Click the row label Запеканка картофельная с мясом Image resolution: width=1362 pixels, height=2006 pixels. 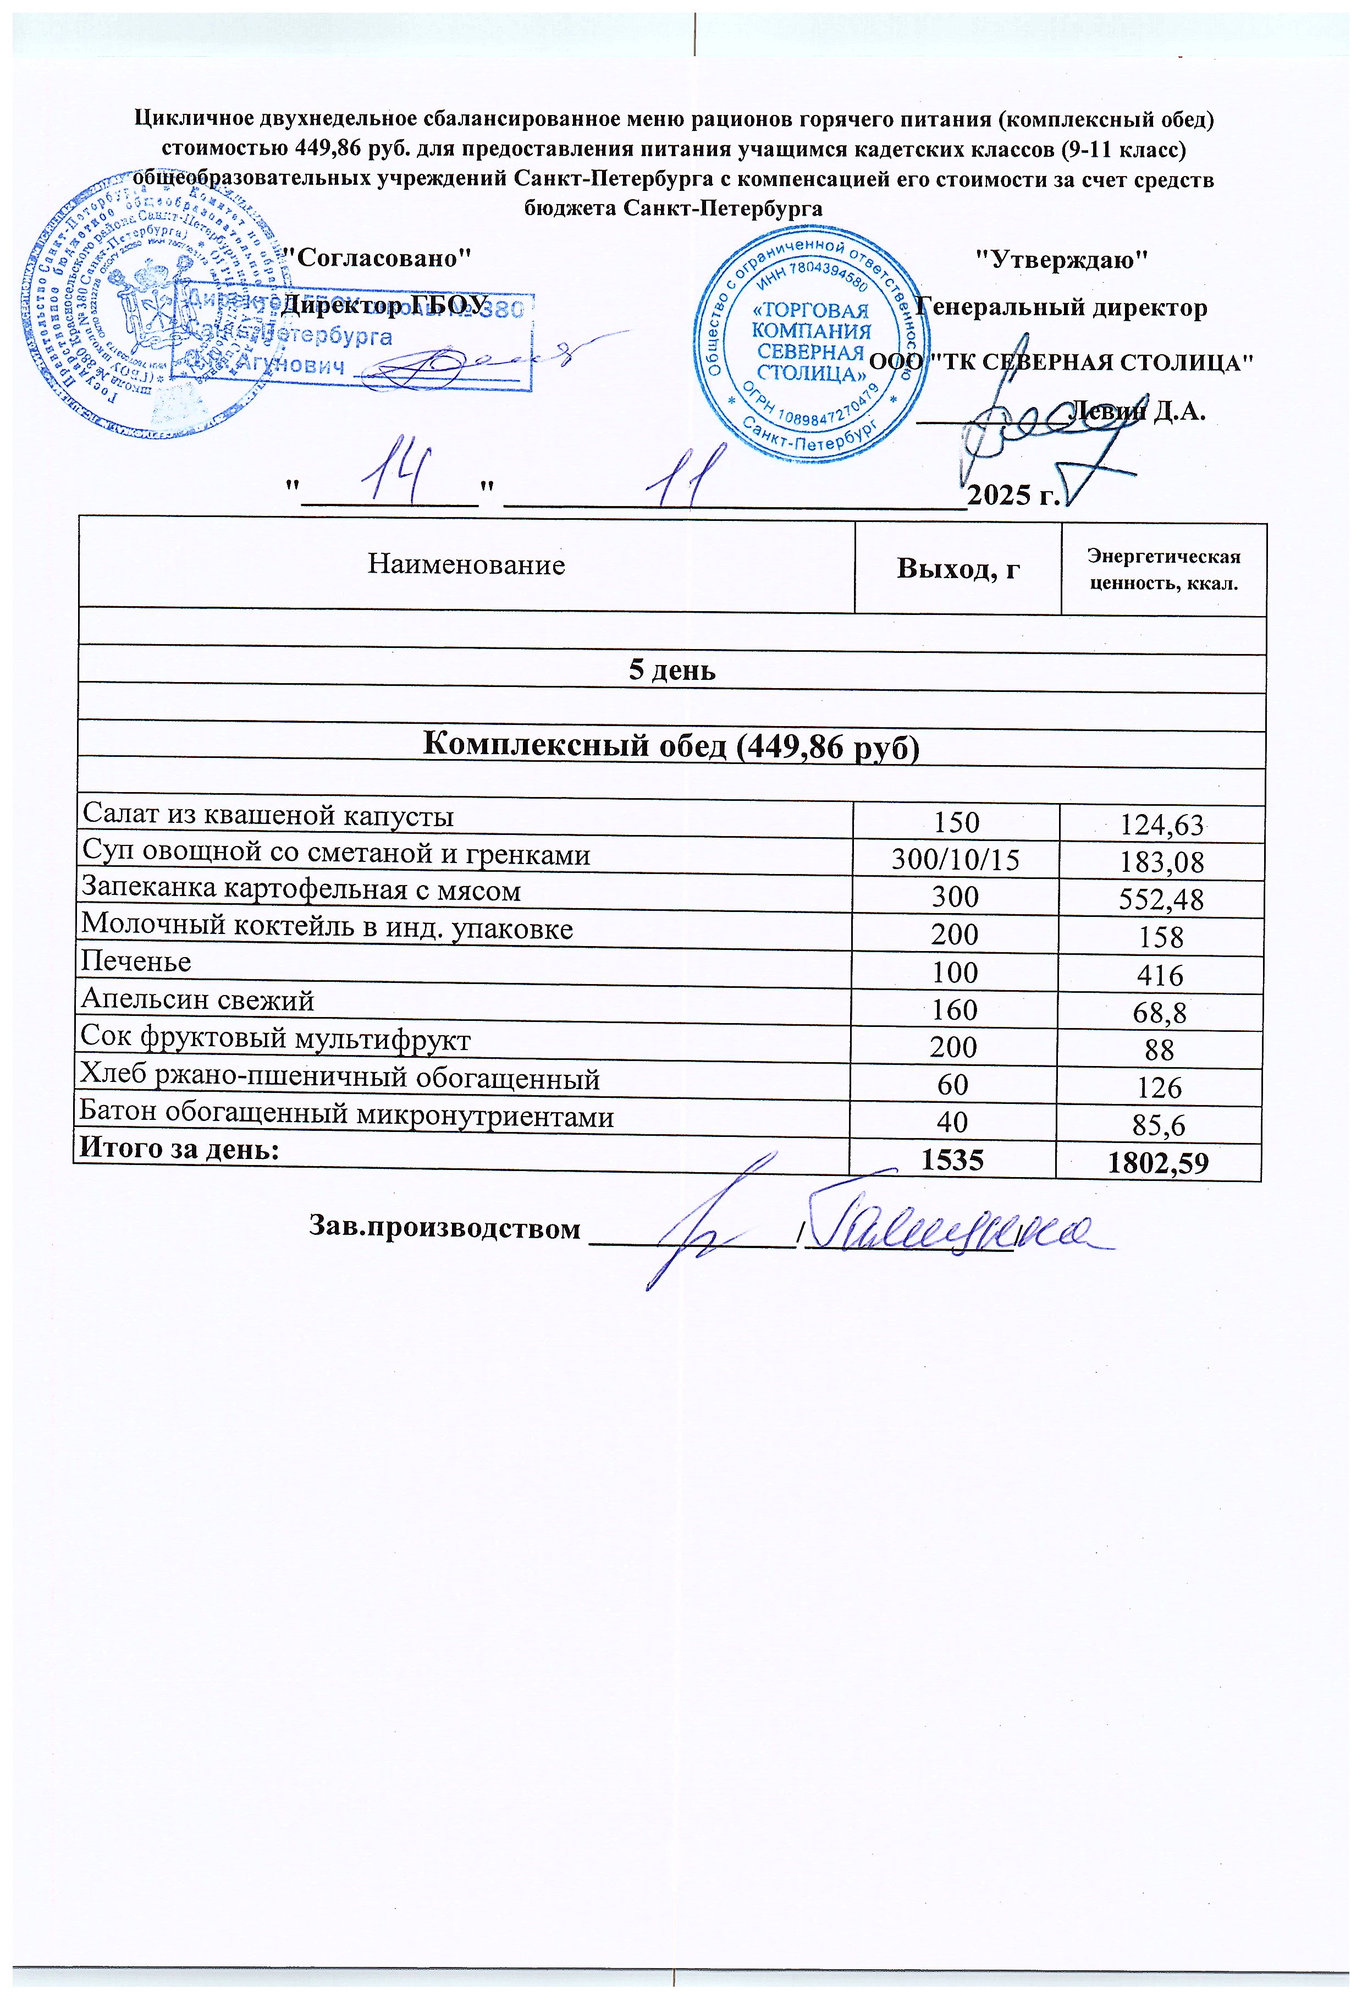point(301,891)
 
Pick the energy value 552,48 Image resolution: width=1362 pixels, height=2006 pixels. point(1161,900)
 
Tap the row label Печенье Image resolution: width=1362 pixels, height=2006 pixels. point(135,961)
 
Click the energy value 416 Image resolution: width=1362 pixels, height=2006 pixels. point(1160,975)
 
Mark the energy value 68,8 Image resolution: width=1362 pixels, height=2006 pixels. point(1160,1013)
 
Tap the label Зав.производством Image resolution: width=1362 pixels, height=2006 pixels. point(444,1229)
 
